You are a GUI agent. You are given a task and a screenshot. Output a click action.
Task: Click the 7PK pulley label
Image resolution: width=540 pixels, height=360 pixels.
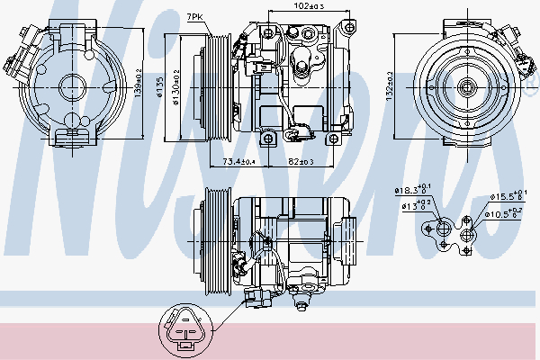[x=194, y=17]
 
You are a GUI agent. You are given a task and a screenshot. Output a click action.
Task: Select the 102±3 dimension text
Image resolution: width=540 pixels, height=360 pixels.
[x=310, y=6]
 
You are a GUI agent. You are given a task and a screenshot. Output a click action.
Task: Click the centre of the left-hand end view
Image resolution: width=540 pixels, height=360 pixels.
[x=71, y=87]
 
